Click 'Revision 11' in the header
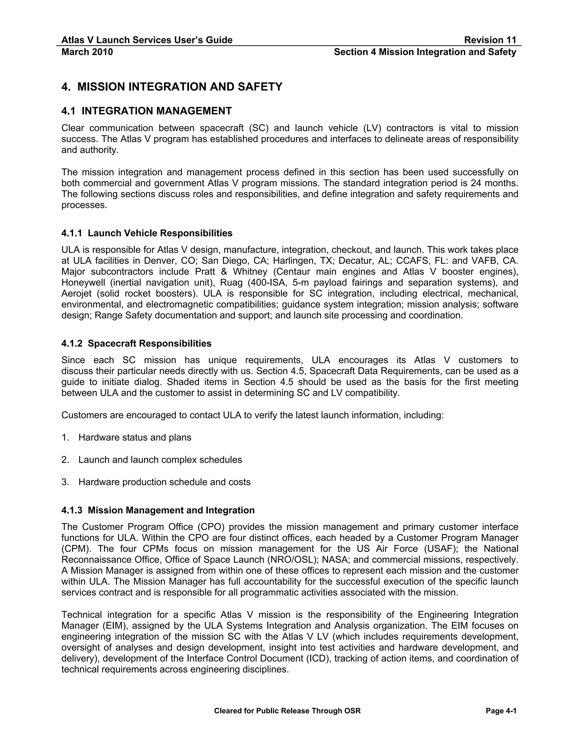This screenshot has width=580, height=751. tap(490, 40)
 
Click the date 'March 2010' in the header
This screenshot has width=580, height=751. tap(87, 52)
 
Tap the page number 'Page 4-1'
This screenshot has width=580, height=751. tap(501, 711)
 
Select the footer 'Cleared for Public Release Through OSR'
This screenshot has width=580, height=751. tap(287, 711)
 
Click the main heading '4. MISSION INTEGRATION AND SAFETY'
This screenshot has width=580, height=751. tap(172, 87)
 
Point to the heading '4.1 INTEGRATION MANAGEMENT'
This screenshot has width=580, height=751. tap(146, 111)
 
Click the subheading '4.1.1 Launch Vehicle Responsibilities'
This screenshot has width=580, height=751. tap(147, 233)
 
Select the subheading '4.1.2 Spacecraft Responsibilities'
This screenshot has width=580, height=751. tap(137, 343)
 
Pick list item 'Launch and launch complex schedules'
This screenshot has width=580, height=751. tap(160, 460)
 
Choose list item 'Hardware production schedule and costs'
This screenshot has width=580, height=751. tap(164, 482)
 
